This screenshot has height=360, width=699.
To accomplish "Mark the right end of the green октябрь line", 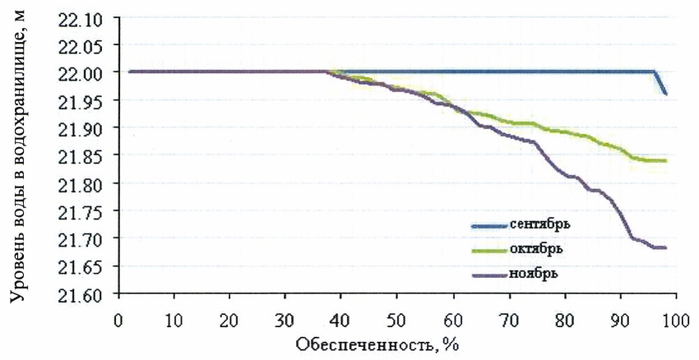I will point(664,160).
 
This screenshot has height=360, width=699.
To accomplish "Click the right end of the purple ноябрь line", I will point(664,247).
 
